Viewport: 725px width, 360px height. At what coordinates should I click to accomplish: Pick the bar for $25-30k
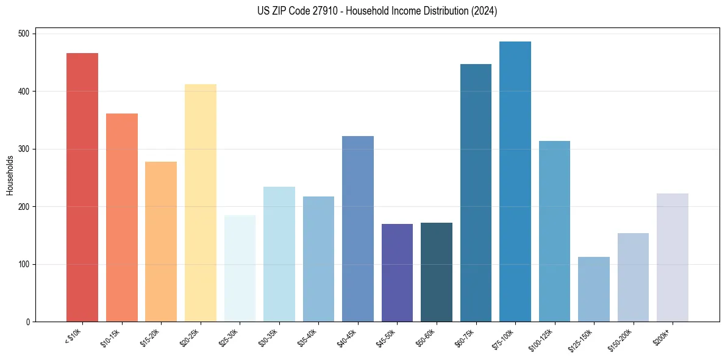[x=240, y=268]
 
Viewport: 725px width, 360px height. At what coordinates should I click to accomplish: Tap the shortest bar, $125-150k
[x=594, y=289]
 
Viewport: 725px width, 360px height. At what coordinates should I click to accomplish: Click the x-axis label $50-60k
[x=426, y=337]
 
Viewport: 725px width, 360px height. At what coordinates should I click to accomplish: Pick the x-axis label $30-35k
[x=268, y=337]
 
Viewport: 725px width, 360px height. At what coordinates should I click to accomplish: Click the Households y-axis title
[x=10, y=175]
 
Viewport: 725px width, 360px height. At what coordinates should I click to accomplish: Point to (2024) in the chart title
[x=485, y=11]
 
